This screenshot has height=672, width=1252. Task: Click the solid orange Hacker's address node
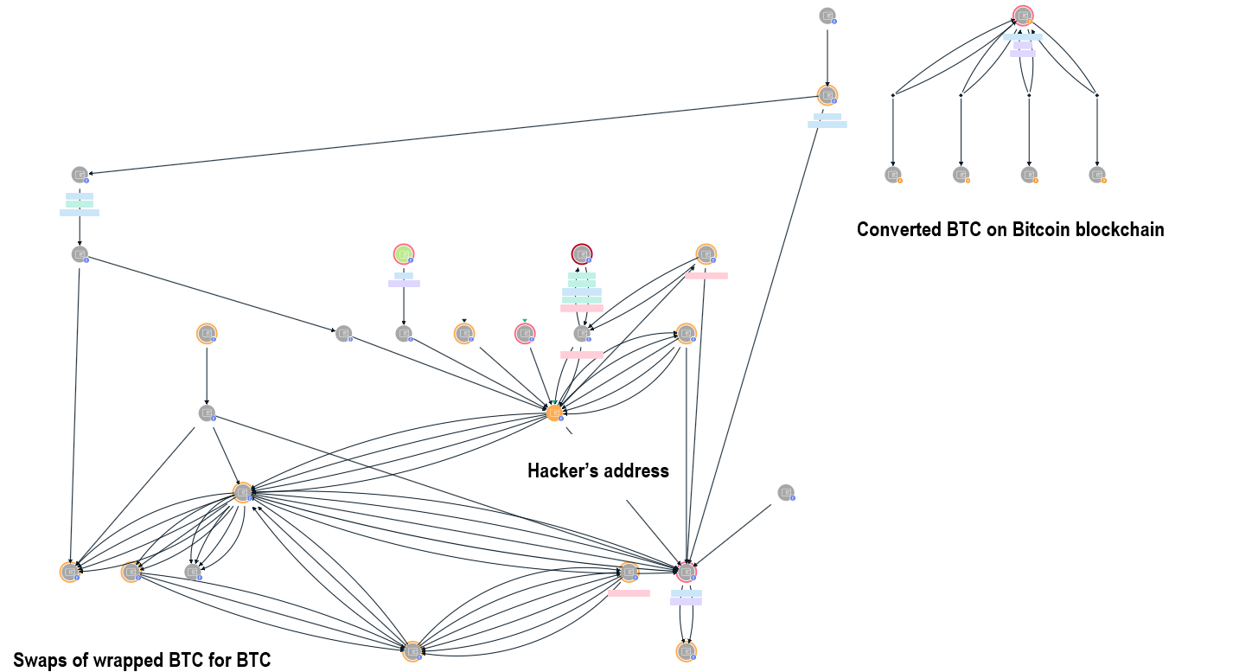pos(555,413)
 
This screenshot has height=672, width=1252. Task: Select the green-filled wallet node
pos(404,254)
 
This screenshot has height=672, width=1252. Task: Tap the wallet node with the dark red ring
pos(582,254)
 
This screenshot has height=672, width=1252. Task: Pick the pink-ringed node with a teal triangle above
pos(525,333)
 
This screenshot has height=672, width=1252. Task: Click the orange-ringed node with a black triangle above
pos(465,333)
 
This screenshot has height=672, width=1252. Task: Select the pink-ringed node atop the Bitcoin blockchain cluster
pos(1023,16)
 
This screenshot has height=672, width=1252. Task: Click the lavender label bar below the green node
pos(404,284)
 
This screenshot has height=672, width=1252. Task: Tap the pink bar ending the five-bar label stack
pos(582,308)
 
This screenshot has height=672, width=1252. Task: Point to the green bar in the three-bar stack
pos(80,204)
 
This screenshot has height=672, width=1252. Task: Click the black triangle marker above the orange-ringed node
pos(464,320)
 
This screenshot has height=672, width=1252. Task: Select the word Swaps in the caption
pos(40,661)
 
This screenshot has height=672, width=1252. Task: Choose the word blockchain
pos(1121,230)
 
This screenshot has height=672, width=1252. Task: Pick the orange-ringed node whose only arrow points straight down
pos(206,333)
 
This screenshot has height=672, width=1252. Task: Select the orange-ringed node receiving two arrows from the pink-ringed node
pos(687,651)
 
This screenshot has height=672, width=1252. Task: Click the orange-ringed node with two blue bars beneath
pos(827,95)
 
